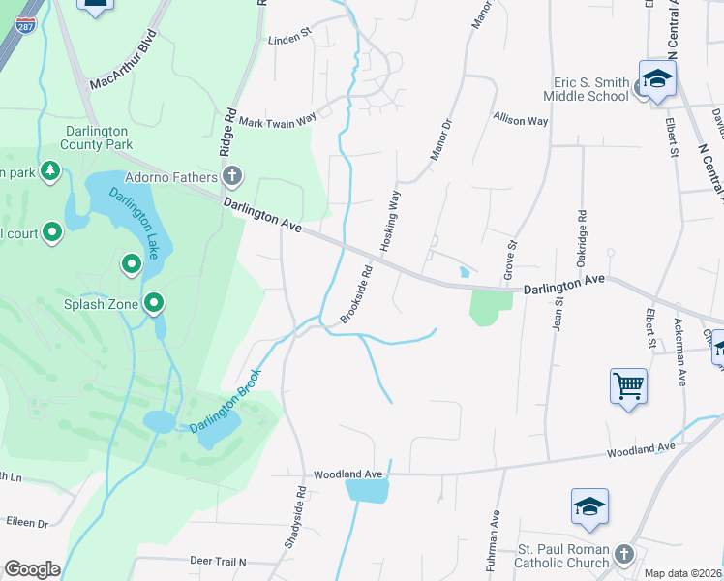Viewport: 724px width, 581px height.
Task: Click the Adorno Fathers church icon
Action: (231, 176)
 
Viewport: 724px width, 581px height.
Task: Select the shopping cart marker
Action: (628, 386)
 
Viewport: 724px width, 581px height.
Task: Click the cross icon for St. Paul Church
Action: (624, 554)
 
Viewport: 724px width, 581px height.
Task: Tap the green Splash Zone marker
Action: (154, 305)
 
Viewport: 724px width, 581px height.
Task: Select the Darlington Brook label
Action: (225, 401)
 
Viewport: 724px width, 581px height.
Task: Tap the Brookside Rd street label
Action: (356, 295)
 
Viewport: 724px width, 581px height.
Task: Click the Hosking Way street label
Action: (390, 223)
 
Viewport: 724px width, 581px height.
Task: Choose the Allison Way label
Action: (520, 120)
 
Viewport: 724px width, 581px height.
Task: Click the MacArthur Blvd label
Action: (123, 65)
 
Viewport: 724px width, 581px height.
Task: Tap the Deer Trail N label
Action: (218, 561)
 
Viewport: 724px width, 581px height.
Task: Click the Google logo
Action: (32, 568)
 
